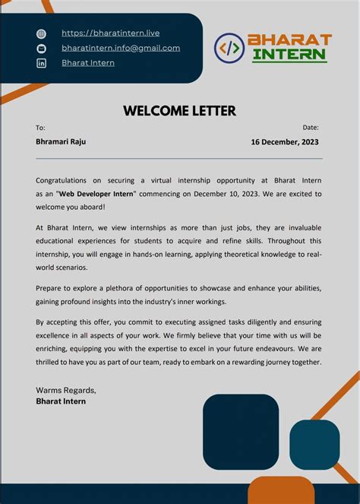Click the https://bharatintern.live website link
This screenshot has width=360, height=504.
(110, 33)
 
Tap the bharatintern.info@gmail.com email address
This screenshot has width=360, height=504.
(121, 48)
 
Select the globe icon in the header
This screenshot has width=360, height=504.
(41, 34)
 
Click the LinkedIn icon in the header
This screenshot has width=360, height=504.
(41, 63)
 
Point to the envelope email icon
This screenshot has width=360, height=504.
(41, 49)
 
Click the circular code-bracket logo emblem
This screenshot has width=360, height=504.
(229, 48)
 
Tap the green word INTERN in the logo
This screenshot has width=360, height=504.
(289, 55)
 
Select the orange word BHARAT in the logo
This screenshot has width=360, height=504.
(289, 40)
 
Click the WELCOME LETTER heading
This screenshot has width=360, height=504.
(179, 111)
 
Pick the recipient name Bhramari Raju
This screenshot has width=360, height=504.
(61, 142)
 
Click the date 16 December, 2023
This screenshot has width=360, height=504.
(285, 142)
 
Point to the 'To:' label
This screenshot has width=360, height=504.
(40, 128)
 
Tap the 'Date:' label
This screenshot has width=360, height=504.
(311, 128)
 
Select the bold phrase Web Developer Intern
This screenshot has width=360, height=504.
(96, 194)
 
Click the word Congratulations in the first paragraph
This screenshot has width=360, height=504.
(62, 181)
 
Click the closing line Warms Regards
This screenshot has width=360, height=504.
(66, 390)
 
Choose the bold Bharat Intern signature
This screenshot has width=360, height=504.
(61, 401)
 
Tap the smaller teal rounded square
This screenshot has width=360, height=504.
(314, 444)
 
